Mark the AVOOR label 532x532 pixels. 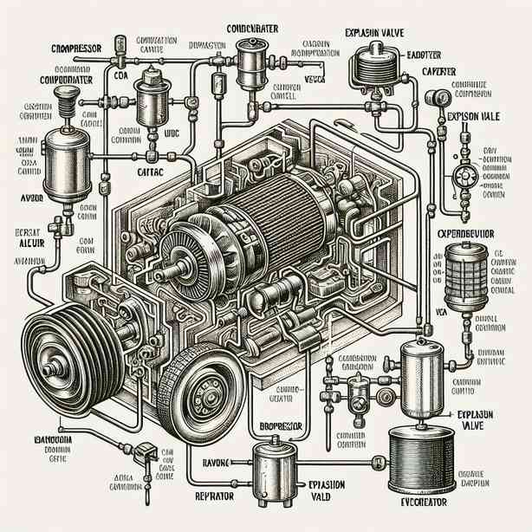[x=21, y=197]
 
